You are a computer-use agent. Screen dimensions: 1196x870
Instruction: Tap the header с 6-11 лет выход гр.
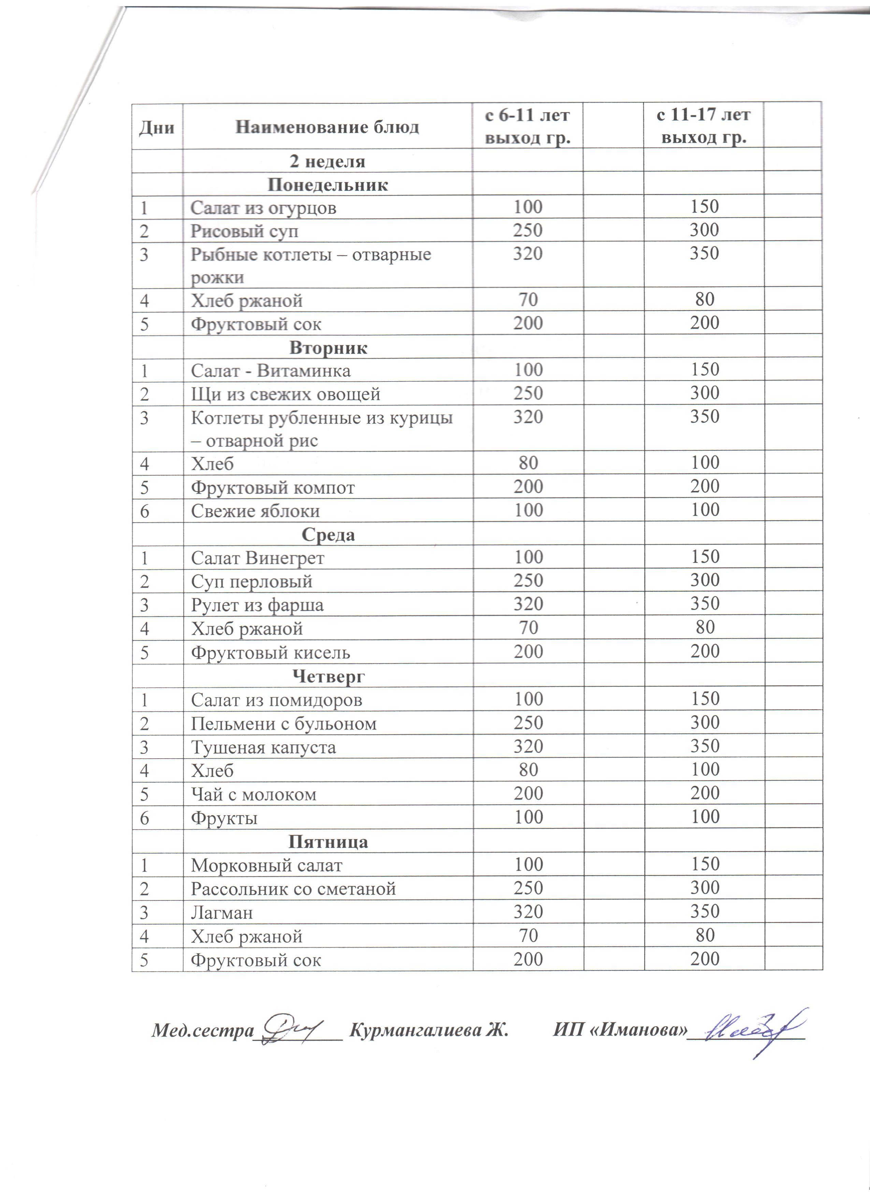click(527, 126)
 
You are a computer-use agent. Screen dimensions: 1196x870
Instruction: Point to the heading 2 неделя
click(327, 161)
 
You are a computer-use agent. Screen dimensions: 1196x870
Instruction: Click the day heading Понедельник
click(328, 184)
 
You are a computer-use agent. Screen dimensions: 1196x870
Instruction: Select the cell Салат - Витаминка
click(270, 371)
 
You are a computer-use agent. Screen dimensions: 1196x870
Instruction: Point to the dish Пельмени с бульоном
click(283, 723)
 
